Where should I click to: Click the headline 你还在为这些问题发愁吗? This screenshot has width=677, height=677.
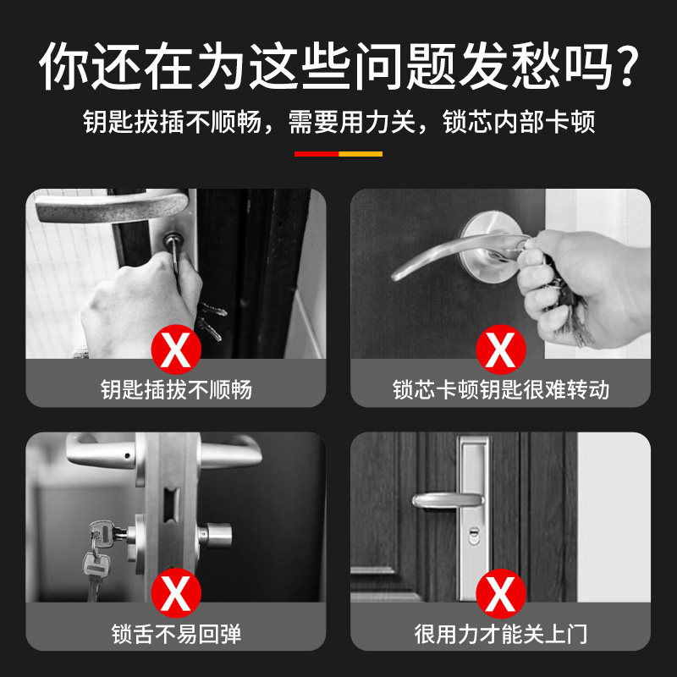pos(338,66)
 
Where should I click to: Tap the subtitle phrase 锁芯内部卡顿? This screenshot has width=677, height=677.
pos(519,122)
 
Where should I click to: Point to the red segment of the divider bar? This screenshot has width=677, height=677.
pos(316,154)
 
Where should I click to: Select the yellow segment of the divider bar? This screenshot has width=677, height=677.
pos(361,154)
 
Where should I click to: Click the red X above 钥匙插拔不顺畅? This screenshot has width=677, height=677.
pos(176,350)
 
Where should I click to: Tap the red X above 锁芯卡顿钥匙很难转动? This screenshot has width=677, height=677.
pos(501,350)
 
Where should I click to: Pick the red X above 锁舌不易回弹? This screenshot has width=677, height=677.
pos(176,593)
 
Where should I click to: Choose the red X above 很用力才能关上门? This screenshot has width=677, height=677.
pos(501,593)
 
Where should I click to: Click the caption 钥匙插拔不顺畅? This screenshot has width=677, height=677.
pos(176,390)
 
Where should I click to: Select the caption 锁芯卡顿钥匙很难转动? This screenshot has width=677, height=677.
pos(501,390)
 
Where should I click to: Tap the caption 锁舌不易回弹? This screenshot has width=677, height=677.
pos(176,634)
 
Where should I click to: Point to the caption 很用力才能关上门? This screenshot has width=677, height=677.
pos(501,634)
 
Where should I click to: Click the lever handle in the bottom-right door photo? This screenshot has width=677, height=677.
pos(448,501)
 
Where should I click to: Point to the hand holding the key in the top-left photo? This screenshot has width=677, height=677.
pos(140,305)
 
